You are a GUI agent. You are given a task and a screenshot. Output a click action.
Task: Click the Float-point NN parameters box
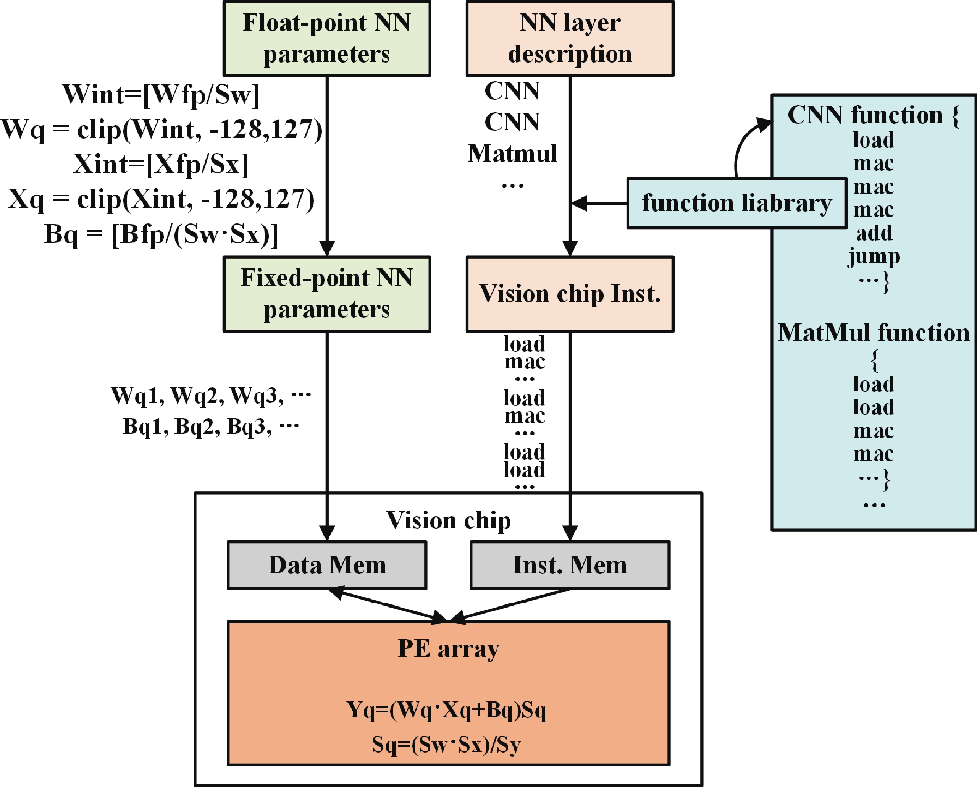pos(327,39)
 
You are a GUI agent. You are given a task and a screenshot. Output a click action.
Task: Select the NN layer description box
pos(570,39)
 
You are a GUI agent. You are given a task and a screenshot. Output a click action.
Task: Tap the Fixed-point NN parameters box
pos(327,294)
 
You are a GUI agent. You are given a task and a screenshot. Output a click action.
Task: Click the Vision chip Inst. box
pos(570,294)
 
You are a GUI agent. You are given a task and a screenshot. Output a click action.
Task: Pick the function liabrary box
pos(736,203)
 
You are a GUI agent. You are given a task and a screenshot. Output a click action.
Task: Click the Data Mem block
pos(327,565)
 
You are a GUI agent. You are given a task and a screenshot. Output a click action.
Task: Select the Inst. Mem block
pos(570,565)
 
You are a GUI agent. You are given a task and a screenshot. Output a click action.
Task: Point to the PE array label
pos(448,648)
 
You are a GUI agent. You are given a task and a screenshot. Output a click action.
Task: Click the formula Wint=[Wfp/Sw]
pos(161,95)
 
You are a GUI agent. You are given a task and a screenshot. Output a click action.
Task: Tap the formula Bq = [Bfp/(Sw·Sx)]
pos(161,234)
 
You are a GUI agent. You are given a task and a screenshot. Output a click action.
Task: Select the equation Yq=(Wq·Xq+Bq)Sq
pos(446,710)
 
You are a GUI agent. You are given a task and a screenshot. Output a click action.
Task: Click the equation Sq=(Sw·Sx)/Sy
pos(446,744)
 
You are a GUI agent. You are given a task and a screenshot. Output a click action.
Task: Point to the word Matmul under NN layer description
pos(512,153)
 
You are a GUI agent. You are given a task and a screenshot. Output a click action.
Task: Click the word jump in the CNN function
pos(874,257)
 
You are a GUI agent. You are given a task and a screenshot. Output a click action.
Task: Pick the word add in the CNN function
pos(874,233)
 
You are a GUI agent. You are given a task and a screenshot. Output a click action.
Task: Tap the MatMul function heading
pos(874,333)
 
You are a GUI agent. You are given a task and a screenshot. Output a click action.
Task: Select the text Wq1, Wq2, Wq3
pos(197,395)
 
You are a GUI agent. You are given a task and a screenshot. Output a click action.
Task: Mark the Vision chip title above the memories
pos(448,520)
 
